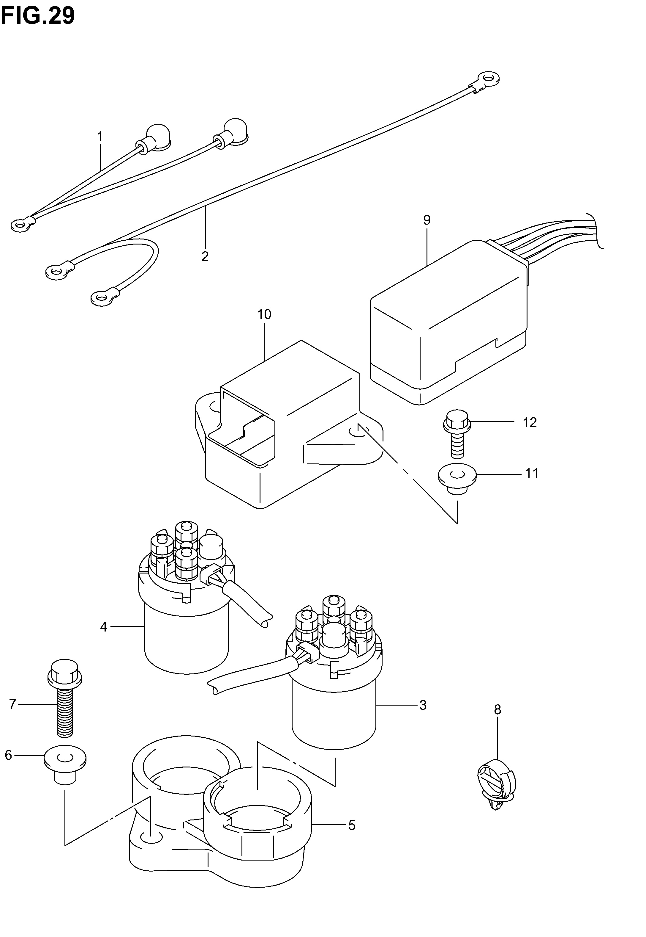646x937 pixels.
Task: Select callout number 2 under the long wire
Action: (x=205, y=256)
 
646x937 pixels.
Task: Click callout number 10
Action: (x=264, y=314)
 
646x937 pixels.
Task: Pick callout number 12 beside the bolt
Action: (x=530, y=422)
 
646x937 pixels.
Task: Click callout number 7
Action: (x=12, y=704)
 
